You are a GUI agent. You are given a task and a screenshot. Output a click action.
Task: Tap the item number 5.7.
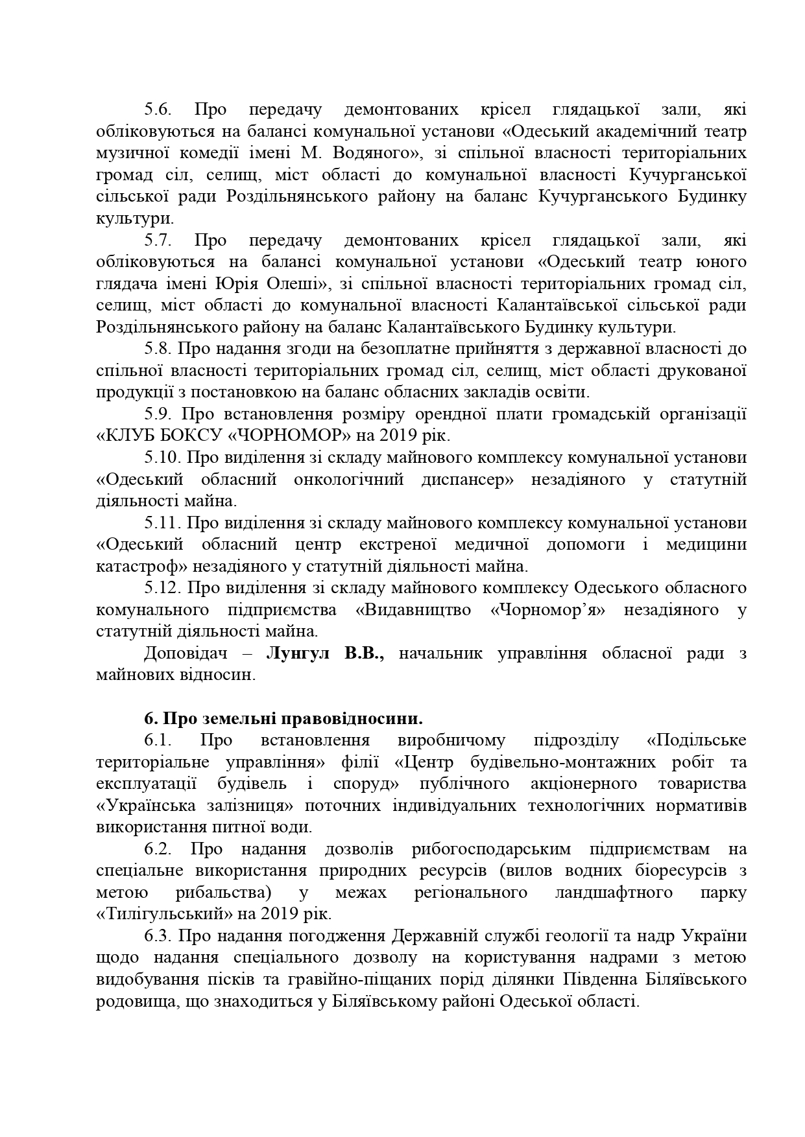[x=158, y=240]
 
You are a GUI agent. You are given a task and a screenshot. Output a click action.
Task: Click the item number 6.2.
[x=158, y=849]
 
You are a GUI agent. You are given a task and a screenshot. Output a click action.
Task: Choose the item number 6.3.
[x=158, y=936]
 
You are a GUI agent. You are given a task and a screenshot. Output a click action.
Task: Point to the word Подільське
[x=696, y=740]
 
